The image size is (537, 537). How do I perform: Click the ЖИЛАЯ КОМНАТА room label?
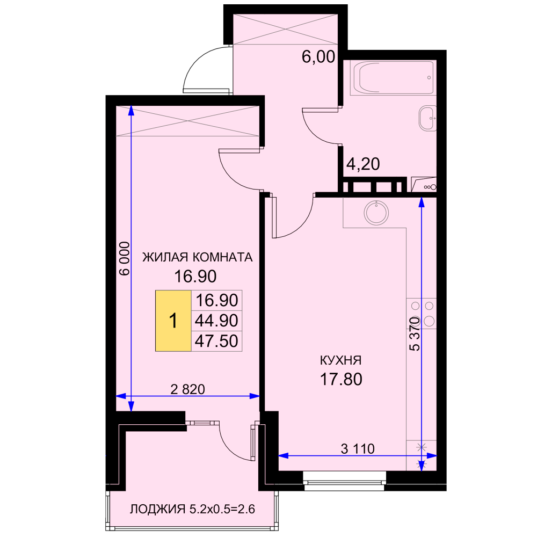pyautogui.click(x=197, y=257)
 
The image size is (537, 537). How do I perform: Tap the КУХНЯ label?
pyautogui.click(x=340, y=360)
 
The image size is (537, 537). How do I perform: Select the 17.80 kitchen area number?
pyautogui.click(x=341, y=380)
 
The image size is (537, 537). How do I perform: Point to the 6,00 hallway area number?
pyautogui.click(x=318, y=56)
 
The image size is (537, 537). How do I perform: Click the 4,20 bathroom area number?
pyautogui.click(x=363, y=164)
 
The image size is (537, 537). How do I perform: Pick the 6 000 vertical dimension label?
pyautogui.click(x=125, y=259)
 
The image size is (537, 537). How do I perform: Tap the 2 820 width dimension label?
pyautogui.click(x=187, y=389)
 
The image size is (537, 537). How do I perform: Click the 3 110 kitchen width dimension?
pyautogui.click(x=358, y=448)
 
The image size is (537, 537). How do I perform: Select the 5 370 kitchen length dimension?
pyautogui.click(x=415, y=334)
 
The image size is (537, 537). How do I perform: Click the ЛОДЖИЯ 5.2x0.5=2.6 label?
pyautogui.click(x=192, y=509)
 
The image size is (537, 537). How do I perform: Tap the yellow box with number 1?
pyautogui.click(x=173, y=321)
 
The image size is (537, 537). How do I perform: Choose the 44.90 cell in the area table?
pyautogui.click(x=216, y=321)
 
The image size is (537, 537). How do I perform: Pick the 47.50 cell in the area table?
pyautogui.click(x=216, y=341)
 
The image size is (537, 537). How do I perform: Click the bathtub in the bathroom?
pyautogui.click(x=393, y=78)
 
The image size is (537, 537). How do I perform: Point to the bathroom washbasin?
pyautogui.click(x=428, y=118)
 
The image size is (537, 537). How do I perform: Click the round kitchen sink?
pyautogui.click(x=376, y=213)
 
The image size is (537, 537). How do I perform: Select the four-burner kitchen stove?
pyautogui.click(x=422, y=314)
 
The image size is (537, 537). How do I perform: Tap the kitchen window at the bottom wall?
pyautogui.click(x=345, y=481)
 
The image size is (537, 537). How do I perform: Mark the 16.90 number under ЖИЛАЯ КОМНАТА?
pyautogui.click(x=195, y=277)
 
